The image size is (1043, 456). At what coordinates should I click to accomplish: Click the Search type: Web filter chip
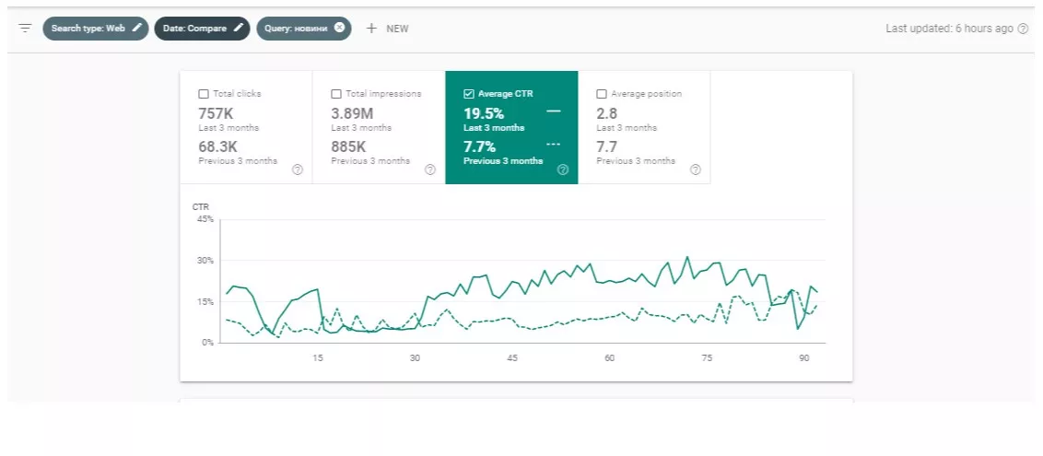click(96, 29)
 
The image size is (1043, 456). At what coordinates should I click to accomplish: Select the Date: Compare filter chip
click(202, 29)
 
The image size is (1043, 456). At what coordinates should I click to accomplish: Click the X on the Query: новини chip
click(339, 28)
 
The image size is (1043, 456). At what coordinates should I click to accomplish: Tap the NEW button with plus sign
click(387, 29)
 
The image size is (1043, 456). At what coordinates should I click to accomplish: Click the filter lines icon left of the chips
click(25, 29)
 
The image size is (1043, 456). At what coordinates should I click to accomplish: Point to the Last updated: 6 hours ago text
click(949, 29)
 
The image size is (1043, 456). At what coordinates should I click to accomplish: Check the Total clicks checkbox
click(204, 94)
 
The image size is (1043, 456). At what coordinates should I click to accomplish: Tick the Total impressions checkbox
click(336, 94)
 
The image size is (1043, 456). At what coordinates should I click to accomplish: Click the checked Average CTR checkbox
click(468, 94)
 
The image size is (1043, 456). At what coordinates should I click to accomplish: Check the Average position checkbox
click(602, 94)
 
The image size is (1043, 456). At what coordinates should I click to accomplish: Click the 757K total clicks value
click(217, 113)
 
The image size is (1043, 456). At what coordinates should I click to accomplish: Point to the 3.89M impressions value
click(353, 113)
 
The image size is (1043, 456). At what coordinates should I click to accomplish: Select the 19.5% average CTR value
click(484, 113)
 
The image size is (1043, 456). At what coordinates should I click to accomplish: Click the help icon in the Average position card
click(695, 170)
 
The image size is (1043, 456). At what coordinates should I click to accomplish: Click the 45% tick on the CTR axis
click(205, 219)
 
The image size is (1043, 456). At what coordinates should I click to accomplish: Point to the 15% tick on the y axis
click(205, 302)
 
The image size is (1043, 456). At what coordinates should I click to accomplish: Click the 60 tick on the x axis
click(609, 358)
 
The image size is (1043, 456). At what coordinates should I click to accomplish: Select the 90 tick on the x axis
click(804, 358)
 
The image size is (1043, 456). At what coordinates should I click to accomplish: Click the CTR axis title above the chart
click(200, 206)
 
